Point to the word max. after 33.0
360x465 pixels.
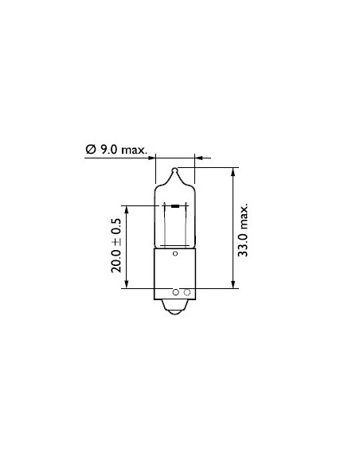[244, 213]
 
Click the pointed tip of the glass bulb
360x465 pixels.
[176, 169]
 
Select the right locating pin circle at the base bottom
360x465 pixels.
[186, 292]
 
